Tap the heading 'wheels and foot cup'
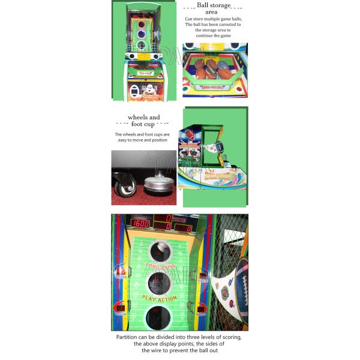point(143,121)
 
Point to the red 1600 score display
point(140,223)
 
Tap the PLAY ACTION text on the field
point(159,298)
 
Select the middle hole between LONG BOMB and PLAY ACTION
point(160,283)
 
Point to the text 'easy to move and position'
point(142,140)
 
